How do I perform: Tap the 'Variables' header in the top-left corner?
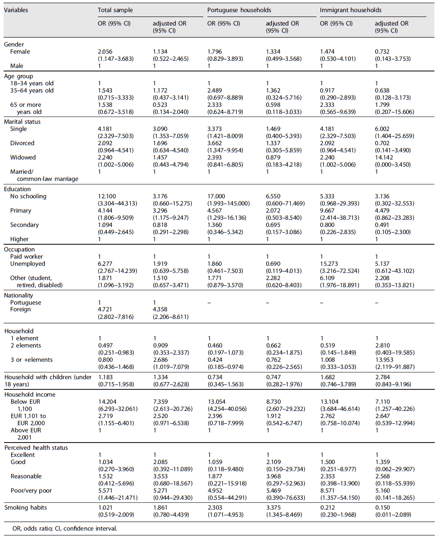point(16,10)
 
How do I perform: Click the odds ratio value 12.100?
point(107,196)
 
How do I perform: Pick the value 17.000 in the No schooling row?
point(216,196)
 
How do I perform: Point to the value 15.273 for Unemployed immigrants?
point(330,263)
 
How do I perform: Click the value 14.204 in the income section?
point(107,401)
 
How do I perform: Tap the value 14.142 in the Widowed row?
point(384,158)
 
